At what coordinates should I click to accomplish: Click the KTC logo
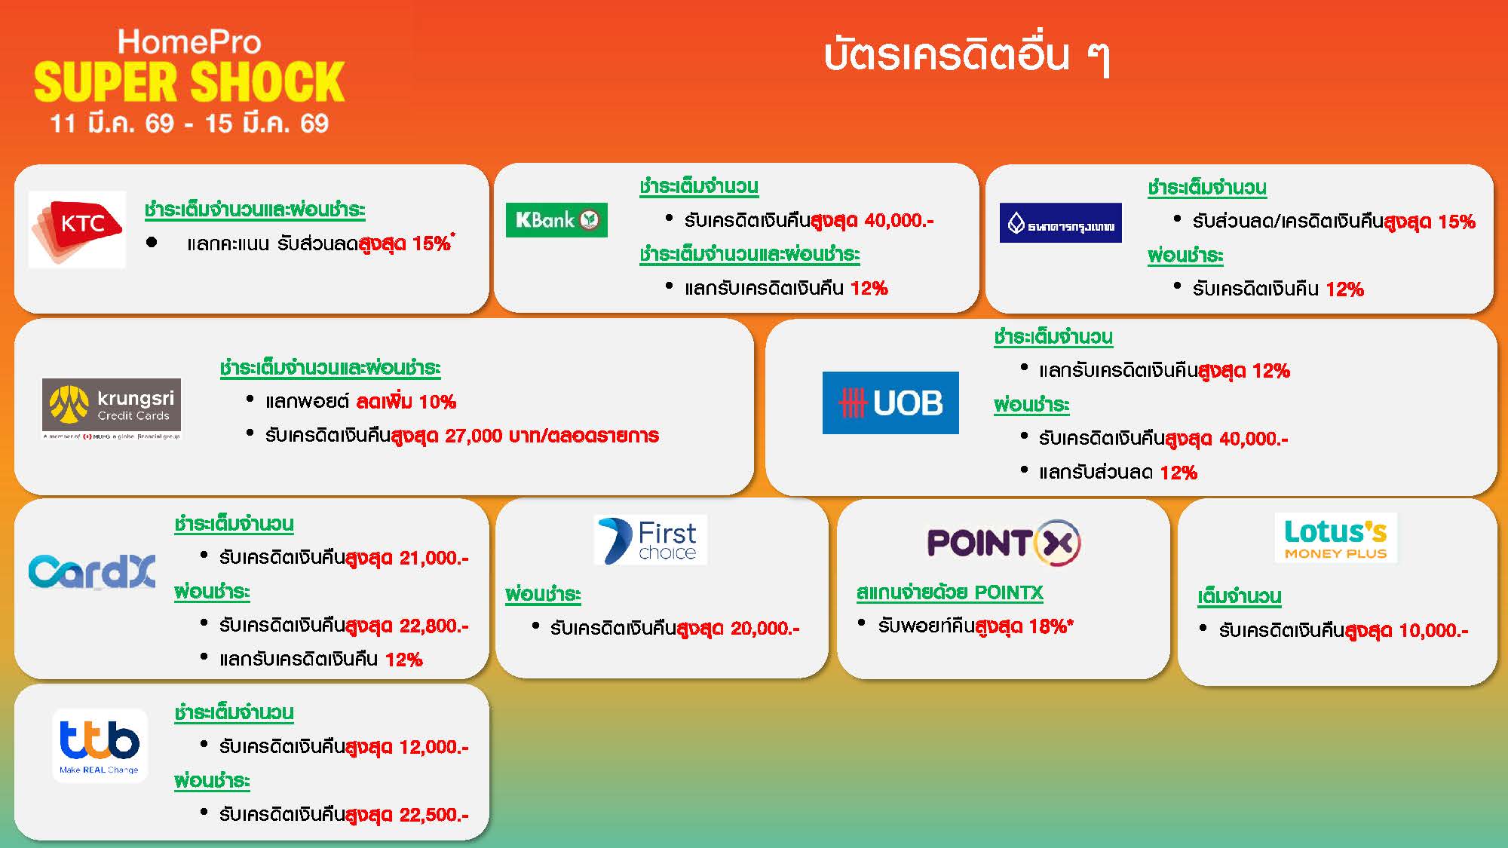tap(77, 229)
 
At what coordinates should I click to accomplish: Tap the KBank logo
tap(556, 220)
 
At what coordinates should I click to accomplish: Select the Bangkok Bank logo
tap(1061, 223)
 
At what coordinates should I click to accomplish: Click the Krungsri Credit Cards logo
tap(112, 409)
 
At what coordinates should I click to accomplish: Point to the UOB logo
tap(890, 403)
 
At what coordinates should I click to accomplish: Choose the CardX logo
tap(92, 572)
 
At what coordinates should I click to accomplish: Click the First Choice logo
tap(651, 540)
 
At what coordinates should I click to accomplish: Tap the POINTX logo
tap(1004, 542)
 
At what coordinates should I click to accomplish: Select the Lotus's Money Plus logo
tap(1336, 538)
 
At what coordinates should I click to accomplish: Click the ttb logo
tap(100, 745)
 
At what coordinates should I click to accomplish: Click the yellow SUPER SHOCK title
tap(189, 81)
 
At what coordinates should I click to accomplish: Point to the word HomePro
tap(189, 42)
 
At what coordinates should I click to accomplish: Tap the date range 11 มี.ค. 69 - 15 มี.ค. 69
tap(189, 123)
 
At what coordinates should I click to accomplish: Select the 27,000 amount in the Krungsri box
tap(474, 436)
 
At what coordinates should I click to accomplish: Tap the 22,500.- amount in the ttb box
tap(434, 815)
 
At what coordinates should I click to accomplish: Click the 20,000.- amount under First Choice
tap(765, 629)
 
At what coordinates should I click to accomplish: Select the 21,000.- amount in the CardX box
tap(434, 559)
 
